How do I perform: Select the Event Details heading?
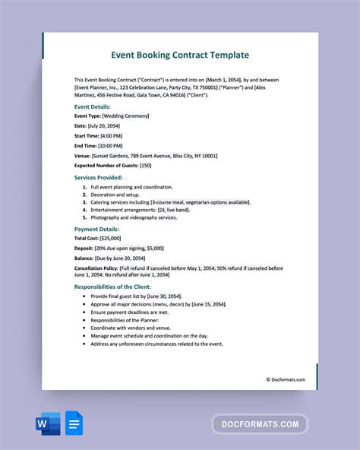tap(93, 107)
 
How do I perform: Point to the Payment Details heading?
tap(96, 228)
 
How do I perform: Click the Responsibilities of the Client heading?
tap(118, 287)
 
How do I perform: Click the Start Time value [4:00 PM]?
tap(115, 135)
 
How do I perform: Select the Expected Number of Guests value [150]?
tap(146, 165)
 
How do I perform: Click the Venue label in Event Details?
tap(83, 155)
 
